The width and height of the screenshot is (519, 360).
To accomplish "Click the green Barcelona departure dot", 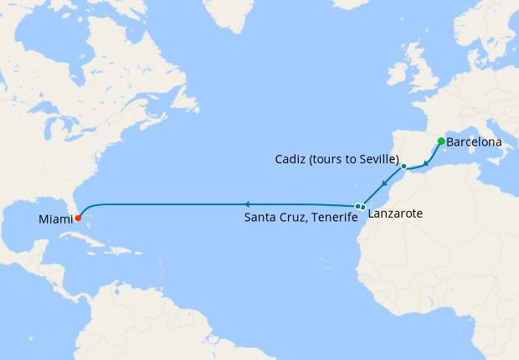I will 441,141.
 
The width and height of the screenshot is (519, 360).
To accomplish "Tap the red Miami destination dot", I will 78,219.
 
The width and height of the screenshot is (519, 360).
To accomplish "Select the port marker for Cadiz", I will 403,167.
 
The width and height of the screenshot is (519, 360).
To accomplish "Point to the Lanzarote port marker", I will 363,207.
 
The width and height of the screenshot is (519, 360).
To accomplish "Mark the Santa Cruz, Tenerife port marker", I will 357,206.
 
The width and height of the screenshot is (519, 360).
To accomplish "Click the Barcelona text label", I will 475,142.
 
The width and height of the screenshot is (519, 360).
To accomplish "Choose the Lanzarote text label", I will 395,214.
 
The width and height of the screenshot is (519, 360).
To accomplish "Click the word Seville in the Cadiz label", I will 377,159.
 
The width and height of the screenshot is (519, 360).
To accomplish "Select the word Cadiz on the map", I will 290,159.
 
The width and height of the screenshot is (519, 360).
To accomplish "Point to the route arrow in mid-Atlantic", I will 246,203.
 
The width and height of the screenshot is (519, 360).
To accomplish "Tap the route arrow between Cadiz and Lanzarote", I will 383,184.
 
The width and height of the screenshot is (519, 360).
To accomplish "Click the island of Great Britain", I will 424,71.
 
